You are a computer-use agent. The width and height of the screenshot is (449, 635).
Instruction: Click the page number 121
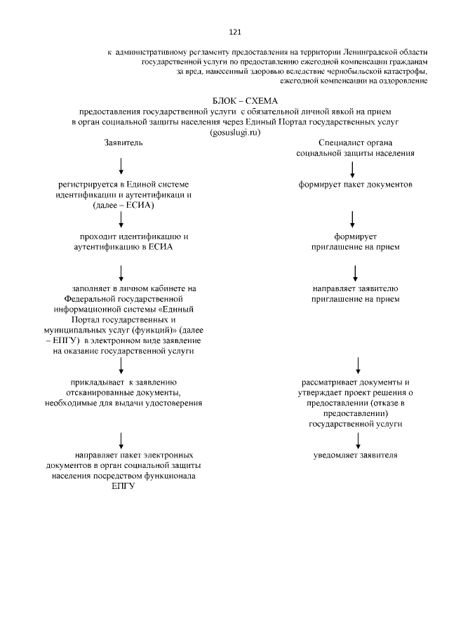click(235, 32)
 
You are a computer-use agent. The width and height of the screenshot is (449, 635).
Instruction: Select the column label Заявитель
click(123, 142)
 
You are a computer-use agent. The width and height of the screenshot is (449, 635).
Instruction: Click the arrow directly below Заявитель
click(122, 166)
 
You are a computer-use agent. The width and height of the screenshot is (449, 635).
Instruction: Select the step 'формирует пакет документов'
click(354, 185)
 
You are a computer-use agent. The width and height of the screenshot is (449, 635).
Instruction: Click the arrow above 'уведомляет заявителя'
click(358, 439)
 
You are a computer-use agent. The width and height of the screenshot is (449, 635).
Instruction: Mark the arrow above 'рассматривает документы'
click(358, 365)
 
